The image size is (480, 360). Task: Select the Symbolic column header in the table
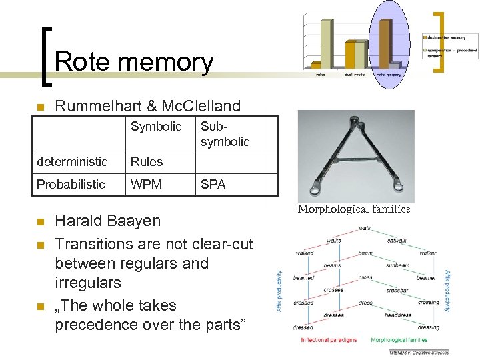tap(156, 127)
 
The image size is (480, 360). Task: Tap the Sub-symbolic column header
tap(225, 134)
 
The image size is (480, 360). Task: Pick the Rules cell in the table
tap(147, 162)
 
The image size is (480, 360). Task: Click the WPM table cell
tap(147, 185)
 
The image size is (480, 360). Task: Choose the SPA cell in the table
tap(213, 185)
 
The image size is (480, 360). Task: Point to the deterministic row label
tap(72, 162)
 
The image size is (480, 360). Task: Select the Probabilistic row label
tap(71, 185)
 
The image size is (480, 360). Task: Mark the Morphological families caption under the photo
tap(354, 209)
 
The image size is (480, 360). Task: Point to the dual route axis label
tap(354, 74)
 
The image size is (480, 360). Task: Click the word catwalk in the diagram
tap(397, 241)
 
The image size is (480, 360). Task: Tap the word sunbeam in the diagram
tap(397, 265)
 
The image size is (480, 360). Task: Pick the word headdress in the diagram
tap(398, 315)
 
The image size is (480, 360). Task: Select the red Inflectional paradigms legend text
tap(329, 340)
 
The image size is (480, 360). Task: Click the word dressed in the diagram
tap(303, 327)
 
